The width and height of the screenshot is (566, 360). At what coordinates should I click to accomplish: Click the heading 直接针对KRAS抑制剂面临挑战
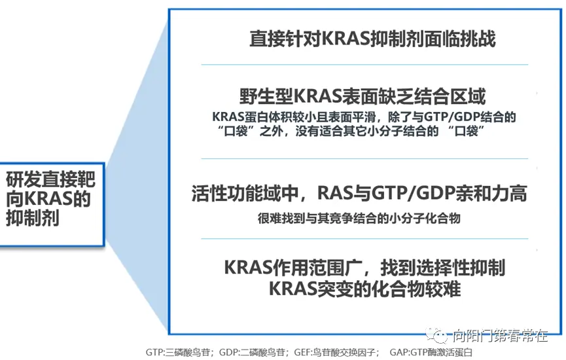pos(372,38)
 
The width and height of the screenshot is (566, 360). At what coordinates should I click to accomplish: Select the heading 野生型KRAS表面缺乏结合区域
pos(364,97)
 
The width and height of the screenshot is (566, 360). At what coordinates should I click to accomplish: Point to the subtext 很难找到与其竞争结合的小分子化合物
pos(359,218)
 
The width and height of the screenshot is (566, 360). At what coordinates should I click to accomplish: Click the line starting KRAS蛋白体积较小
pos(364,117)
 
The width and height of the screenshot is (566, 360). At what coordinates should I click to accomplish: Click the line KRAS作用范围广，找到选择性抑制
pos(364,268)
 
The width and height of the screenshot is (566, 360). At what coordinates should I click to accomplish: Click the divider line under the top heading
pos(364,64)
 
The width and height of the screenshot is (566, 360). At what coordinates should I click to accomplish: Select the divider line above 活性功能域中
pos(364,158)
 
